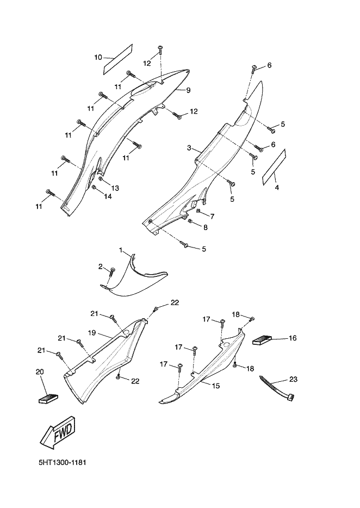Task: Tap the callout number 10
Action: click(x=98, y=57)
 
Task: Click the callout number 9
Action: click(x=188, y=90)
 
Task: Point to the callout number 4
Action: click(x=277, y=188)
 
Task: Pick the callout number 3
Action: click(x=189, y=148)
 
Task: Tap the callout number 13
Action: click(x=115, y=188)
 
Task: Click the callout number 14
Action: click(x=108, y=196)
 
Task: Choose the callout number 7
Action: click(x=212, y=216)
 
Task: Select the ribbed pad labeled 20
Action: click(x=48, y=397)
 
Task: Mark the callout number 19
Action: click(x=92, y=332)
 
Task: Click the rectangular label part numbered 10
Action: click(x=118, y=58)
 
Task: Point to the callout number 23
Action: click(x=293, y=379)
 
